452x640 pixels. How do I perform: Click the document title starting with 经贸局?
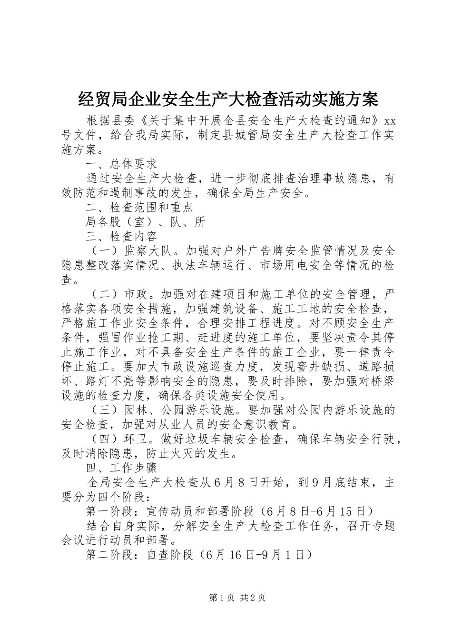pyautogui.click(x=227, y=99)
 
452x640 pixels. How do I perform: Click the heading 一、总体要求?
pyautogui.click(x=121, y=164)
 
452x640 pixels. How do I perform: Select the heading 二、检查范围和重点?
pyautogui.click(x=139, y=207)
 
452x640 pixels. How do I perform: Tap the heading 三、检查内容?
pyautogui.click(x=121, y=236)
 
